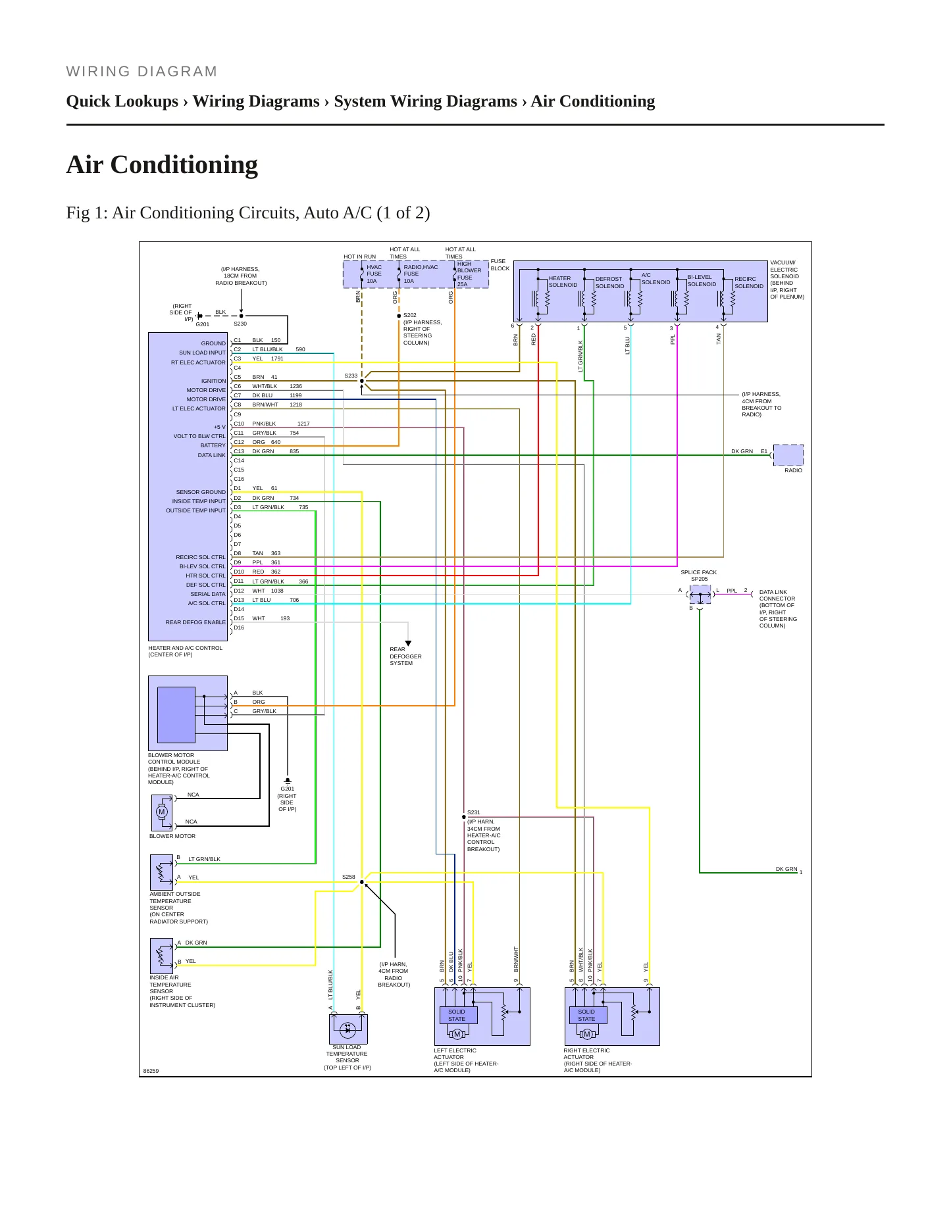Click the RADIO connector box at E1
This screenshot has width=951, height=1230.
point(788,455)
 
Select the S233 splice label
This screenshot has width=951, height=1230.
point(351,376)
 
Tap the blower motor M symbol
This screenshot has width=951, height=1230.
point(162,812)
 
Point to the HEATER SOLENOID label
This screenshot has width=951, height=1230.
point(563,282)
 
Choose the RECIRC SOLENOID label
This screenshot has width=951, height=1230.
point(749,283)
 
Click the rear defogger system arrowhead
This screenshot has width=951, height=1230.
point(408,643)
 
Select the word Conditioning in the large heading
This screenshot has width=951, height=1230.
point(184,164)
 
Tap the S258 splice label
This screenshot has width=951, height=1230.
point(349,877)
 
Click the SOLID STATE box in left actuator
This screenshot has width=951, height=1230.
point(457,1016)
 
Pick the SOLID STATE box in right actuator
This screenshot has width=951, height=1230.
point(587,1016)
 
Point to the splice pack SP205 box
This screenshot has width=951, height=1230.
point(700,595)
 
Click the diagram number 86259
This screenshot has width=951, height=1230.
point(151,1071)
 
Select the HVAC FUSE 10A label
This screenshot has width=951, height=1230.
point(374,274)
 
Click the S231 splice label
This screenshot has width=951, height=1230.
point(474,812)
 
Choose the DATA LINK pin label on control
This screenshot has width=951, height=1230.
point(212,455)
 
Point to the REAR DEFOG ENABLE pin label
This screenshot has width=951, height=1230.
point(195,622)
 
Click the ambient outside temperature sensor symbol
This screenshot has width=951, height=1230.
point(161,872)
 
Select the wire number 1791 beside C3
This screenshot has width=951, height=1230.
point(277,358)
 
